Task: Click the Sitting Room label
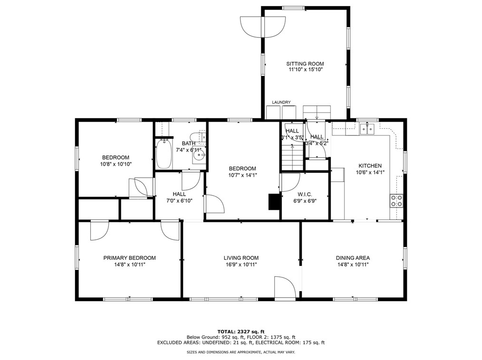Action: (305, 64)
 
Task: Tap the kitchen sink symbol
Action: (367, 129)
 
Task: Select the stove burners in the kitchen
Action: (396, 200)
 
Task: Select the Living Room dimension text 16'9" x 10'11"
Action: (241, 265)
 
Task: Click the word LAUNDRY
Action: (281, 102)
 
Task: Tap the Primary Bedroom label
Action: (129, 258)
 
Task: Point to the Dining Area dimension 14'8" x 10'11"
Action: (353, 265)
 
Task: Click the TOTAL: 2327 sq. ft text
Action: (241, 332)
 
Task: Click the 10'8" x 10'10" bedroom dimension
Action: (116, 164)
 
